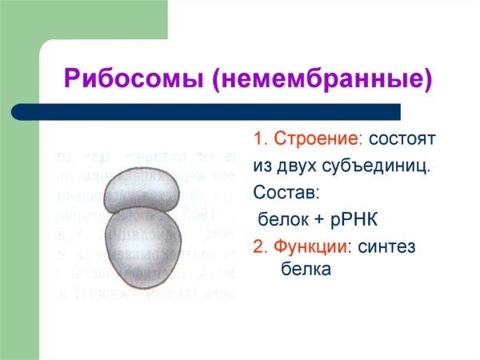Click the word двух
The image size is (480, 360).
click(299, 166)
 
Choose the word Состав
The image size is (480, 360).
click(285, 193)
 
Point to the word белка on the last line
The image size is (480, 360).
click(305, 271)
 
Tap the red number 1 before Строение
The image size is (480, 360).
click(258, 139)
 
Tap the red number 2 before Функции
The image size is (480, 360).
click(258, 246)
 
